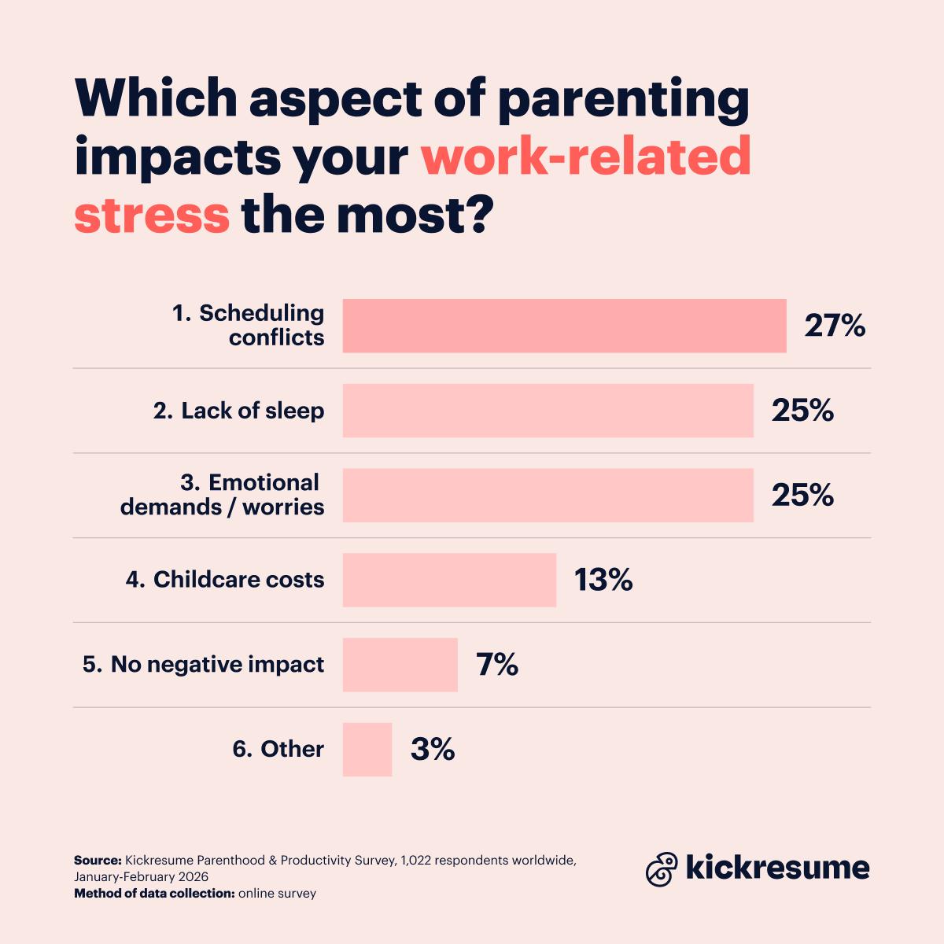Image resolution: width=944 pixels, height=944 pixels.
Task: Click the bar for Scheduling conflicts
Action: coord(564,326)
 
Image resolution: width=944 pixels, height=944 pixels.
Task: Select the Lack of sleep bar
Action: coord(548,411)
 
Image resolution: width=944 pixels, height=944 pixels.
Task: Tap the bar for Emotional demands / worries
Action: coord(548,496)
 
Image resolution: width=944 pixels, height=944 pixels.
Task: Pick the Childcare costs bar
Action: coord(449,580)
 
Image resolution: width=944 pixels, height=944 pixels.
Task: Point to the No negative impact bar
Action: coord(400,665)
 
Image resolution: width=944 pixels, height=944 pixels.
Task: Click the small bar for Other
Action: coord(367,750)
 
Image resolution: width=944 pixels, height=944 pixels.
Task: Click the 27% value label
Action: coord(835,326)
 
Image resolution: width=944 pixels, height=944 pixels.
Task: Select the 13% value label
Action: coord(603,581)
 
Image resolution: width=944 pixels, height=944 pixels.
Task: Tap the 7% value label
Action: coord(497,666)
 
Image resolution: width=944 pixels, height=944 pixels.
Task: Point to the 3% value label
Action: coord(433,750)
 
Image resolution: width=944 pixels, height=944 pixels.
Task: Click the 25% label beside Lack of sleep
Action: coord(802,411)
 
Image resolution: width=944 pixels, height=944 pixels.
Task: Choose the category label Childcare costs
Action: coord(225,580)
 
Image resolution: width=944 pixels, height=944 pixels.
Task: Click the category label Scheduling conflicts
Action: coord(249,325)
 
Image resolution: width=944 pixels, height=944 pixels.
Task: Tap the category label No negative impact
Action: coord(204,665)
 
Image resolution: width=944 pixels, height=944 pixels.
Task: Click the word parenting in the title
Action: coord(623,101)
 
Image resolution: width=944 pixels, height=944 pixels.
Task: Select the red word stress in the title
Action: coord(152,215)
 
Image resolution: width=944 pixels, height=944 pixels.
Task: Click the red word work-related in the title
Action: coord(586,157)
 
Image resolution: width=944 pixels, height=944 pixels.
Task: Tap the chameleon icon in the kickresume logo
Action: coord(662,869)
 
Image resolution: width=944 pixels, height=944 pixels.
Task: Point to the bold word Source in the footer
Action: coord(98,861)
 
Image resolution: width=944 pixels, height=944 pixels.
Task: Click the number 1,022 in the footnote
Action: coord(416,861)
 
